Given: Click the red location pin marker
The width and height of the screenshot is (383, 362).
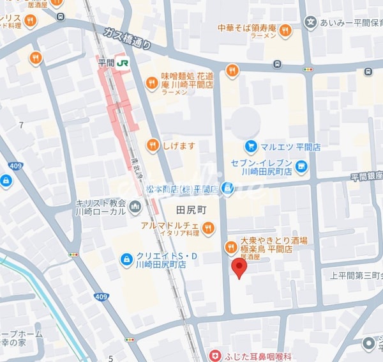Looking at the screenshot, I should [x=239, y=270].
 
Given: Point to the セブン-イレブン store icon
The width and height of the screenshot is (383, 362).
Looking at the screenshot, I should [x=302, y=168].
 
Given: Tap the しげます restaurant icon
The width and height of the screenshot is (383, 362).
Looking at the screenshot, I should [x=152, y=146].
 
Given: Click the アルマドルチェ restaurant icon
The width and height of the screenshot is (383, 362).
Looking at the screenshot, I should [x=208, y=226].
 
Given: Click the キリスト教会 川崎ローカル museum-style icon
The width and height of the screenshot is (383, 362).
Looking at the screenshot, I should [x=135, y=206].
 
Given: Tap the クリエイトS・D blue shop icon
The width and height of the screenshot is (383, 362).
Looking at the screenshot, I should [x=126, y=259].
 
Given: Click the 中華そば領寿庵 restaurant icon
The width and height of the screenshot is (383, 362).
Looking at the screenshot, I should [x=285, y=29].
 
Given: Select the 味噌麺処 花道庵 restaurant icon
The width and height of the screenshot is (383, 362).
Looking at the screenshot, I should [x=151, y=81].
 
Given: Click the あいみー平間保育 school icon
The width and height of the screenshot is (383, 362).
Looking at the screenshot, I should [x=310, y=23].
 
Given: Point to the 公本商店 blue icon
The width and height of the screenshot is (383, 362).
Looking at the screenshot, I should [x=228, y=189].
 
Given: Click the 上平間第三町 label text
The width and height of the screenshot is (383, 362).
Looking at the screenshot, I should [x=356, y=276].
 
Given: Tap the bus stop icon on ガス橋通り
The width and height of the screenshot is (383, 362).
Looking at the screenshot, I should [x=277, y=64].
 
